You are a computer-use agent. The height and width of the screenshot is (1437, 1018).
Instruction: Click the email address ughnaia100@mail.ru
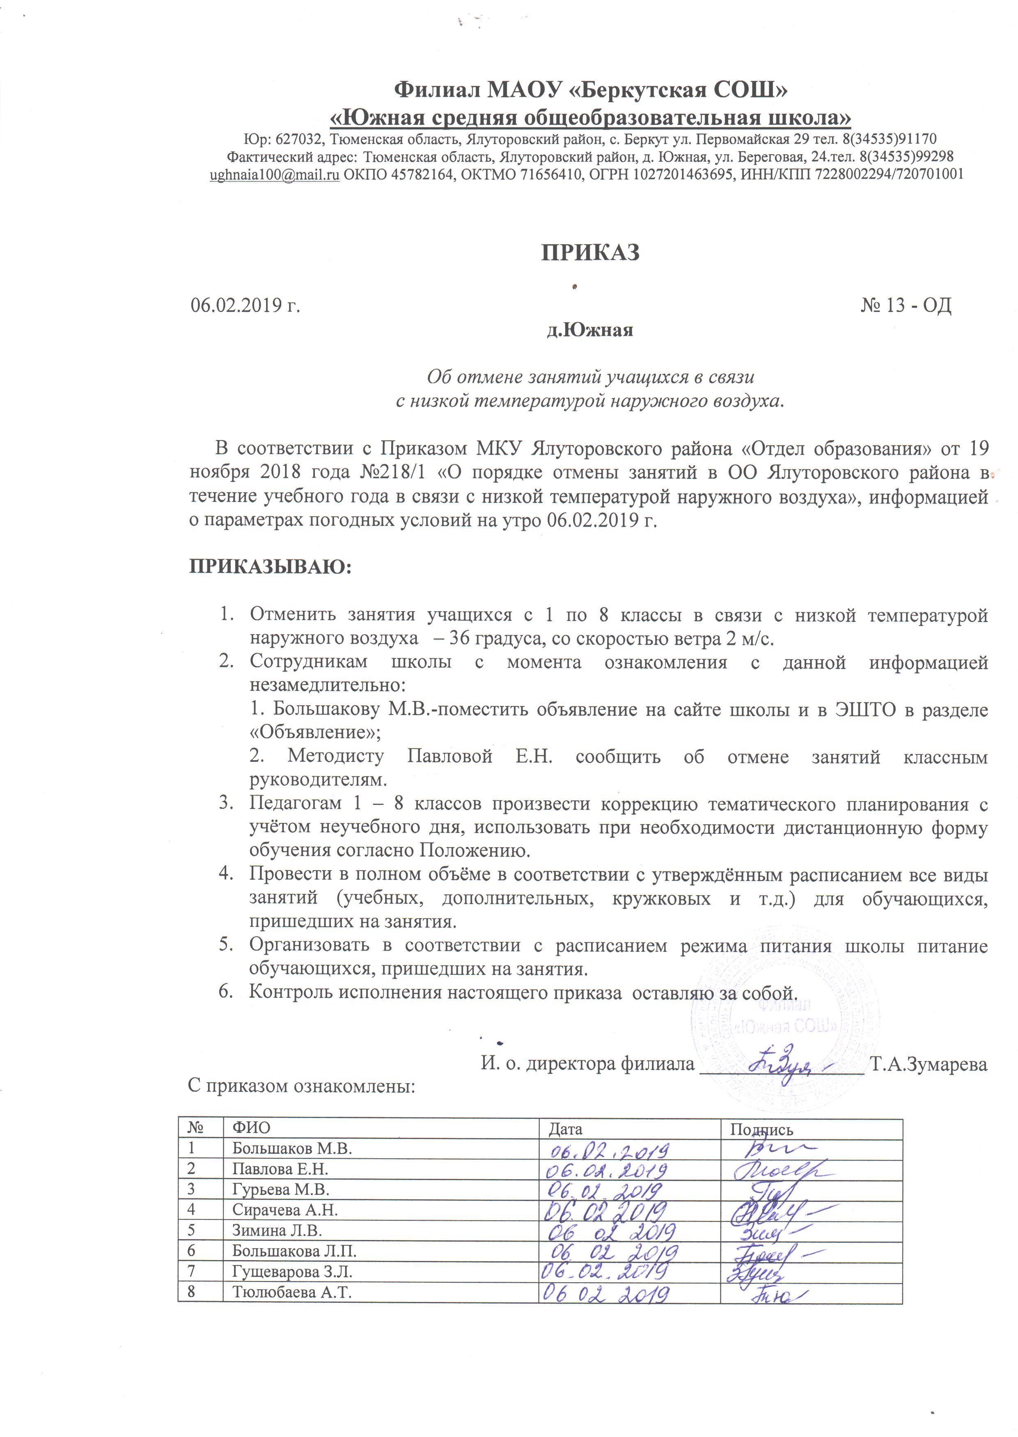(x=275, y=175)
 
